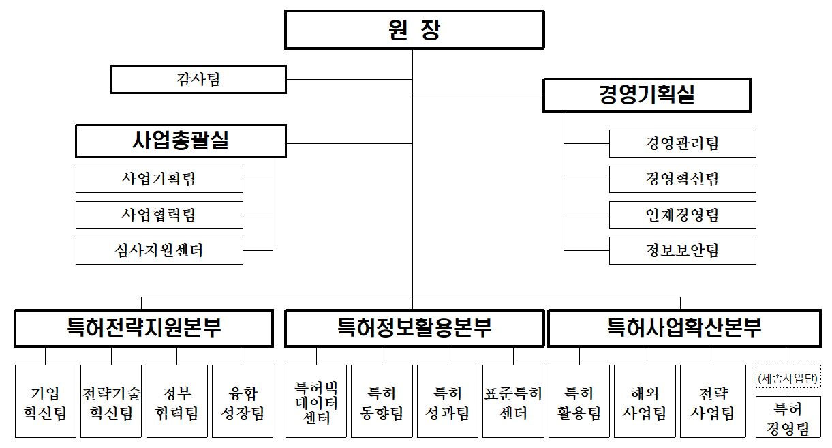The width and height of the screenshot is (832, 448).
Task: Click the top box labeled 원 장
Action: point(414,30)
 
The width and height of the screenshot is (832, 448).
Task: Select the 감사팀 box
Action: point(198,79)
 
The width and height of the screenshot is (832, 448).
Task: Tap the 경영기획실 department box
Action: point(647,95)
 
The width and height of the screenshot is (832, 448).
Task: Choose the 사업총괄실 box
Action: point(181,141)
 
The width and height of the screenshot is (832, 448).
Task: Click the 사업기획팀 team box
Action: point(159,179)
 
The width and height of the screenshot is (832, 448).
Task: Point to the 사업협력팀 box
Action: point(159,215)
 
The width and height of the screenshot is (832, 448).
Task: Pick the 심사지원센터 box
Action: point(159,250)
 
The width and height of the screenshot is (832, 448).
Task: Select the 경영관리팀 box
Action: point(682,143)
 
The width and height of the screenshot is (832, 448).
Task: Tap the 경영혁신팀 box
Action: point(682,179)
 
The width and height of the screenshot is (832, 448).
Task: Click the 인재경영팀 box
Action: point(682,215)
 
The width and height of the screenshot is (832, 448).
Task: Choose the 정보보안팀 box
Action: point(682,250)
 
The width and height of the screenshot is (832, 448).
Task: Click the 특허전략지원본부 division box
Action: point(144,328)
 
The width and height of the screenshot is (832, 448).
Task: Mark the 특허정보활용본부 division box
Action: point(414,328)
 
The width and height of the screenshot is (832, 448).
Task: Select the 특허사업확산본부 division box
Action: point(684,328)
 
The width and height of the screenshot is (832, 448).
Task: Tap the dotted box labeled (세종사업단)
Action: point(788,376)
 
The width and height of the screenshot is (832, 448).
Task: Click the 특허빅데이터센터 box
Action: point(316,401)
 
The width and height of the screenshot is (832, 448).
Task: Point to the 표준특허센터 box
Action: point(513,401)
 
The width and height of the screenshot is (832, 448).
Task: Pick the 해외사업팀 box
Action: point(645,401)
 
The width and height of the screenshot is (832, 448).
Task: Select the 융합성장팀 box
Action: point(243,401)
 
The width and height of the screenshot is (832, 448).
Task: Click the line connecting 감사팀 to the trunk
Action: point(350,79)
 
